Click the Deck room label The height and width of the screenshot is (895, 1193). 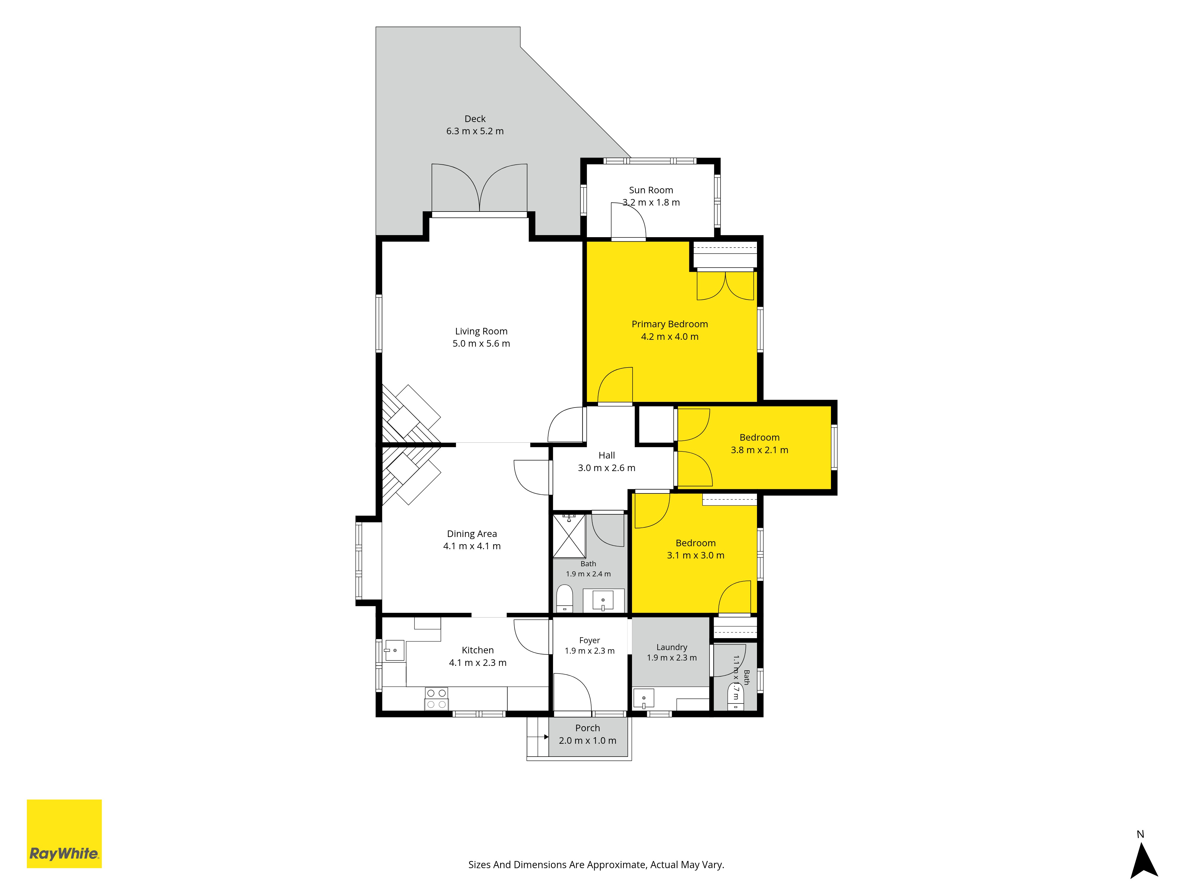click(x=475, y=119)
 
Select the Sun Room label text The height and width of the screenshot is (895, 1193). click(x=651, y=190)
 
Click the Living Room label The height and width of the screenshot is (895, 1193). click(x=481, y=331)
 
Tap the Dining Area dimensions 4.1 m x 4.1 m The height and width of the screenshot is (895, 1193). click(x=472, y=546)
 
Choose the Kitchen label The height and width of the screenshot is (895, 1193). click(x=478, y=650)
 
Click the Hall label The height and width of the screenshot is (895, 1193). click(x=607, y=455)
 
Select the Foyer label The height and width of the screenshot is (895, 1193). click(x=589, y=640)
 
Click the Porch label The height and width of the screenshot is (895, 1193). click(x=587, y=728)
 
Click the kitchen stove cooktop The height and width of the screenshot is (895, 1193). click(x=436, y=699)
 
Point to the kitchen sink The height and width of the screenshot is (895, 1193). click(x=394, y=651)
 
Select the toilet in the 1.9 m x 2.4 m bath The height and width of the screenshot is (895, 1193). click(x=564, y=599)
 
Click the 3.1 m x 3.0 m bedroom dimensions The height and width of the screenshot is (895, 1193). click(x=696, y=555)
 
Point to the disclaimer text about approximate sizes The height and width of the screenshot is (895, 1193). click(x=596, y=865)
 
